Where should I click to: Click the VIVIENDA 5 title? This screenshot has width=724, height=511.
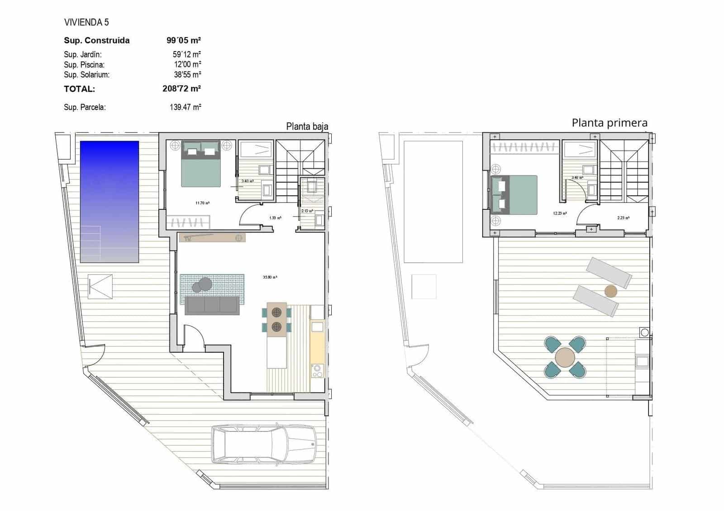coord(86,22)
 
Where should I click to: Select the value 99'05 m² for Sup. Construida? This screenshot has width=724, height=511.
coord(183,40)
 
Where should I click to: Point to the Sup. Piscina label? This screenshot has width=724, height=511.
coord(84,65)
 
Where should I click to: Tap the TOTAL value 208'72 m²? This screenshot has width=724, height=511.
coord(181,89)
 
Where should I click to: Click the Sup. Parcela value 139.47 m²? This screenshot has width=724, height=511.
coord(185,108)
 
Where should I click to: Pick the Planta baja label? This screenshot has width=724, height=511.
coord(307,127)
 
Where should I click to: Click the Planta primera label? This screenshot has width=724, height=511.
coord(609,123)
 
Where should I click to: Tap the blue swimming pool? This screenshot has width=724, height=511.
coord(110,202)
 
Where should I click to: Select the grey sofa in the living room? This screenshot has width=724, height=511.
coord(212,306)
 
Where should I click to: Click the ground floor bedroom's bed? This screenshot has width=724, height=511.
coord(201,164)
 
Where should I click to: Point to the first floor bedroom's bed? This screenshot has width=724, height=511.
coord(514,195)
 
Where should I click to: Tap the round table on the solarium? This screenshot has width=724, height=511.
coord(565,357)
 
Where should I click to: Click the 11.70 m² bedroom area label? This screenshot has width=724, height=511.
coord(202,203)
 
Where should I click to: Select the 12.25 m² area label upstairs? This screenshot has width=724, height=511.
coord(560,213)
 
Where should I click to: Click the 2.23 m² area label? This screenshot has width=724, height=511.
coord(623,218)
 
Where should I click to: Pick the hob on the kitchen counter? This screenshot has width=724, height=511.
coord(317,371)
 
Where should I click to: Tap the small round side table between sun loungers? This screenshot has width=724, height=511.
coord(610,291)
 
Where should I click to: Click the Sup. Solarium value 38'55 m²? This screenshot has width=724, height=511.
coord(187,75)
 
